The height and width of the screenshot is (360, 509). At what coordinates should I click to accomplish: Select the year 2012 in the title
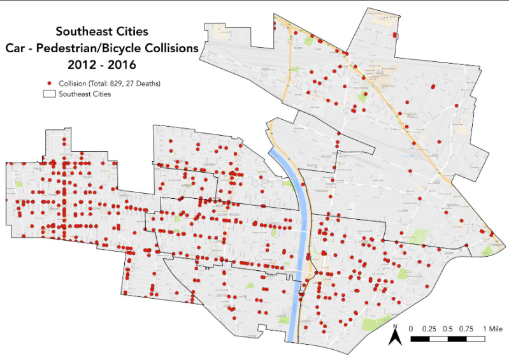coord(80,64)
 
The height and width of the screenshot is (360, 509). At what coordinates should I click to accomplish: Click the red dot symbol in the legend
coord(49,83)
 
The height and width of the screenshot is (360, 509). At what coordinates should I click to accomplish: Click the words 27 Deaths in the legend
coord(143,83)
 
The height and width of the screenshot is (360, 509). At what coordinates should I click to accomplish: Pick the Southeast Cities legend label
coord(85,94)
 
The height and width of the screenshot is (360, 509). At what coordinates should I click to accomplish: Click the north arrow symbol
coord(395,338)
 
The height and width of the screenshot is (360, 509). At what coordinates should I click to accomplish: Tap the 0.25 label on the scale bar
coord(429,328)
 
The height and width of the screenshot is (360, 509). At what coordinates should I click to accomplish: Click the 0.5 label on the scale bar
coord(448,328)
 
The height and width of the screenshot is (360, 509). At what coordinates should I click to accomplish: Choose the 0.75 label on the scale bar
coord(467,328)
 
